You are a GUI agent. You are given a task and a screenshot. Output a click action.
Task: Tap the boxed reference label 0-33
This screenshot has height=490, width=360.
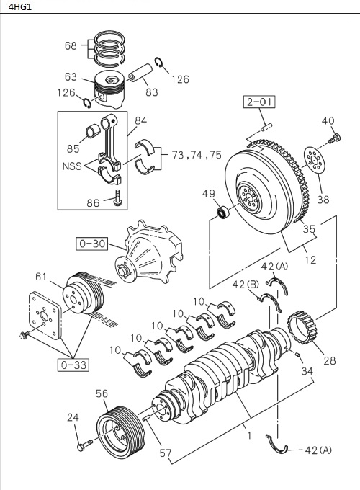(73, 365)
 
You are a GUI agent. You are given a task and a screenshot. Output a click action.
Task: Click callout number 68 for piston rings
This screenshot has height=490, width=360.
(71, 45)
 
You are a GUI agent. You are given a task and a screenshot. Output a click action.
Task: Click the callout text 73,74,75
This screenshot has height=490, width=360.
(197, 153)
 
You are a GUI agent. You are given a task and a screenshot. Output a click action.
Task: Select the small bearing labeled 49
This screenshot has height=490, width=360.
(225, 213)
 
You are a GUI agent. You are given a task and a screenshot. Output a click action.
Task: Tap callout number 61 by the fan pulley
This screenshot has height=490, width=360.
(40, 277)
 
